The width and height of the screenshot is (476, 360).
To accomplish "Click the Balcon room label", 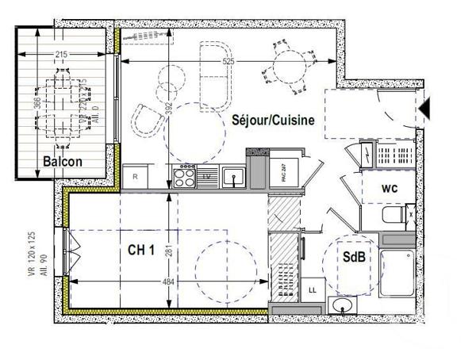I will [x=63, y=162].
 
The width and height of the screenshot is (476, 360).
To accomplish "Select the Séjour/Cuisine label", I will [x=274, y=121].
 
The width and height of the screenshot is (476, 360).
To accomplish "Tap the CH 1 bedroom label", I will [x=141, y=250].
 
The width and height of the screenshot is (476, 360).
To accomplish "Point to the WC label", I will [x=390, y=190].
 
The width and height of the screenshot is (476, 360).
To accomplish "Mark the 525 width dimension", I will [x=228, y=61].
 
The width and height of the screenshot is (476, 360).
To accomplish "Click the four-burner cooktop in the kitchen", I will [x=184, y=174].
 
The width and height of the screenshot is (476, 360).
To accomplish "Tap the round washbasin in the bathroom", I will [x=344, y=304].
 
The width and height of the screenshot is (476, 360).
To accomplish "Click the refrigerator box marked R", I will [x=136, y=176].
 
